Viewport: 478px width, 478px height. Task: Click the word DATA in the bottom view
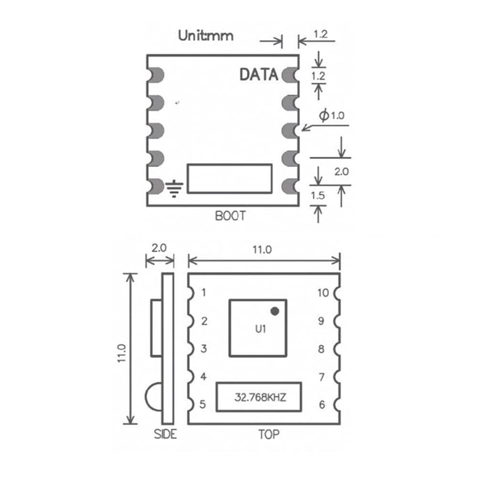[x=259, y=74]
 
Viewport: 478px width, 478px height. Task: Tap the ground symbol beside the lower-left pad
[x=174, y=189]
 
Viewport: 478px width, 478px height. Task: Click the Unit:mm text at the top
[x=206, y=36]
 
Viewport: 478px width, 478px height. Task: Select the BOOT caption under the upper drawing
[x=230, y=216]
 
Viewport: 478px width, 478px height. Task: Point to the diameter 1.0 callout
[x=332, y=115]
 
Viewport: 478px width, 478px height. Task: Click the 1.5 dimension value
[x=318, y=195]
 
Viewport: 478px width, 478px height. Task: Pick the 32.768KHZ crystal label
[x=260, y=397]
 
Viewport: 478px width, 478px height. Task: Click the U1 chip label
[x=260, y=329]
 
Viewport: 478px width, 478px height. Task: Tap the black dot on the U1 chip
[x=275, y=311]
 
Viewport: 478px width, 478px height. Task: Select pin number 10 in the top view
[x=323, y=293]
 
